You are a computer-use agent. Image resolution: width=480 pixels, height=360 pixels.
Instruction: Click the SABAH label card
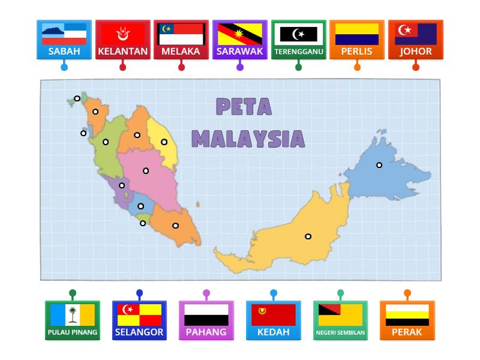tap(64, 40)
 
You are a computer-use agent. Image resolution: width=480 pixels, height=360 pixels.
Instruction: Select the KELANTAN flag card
tap(123, 40)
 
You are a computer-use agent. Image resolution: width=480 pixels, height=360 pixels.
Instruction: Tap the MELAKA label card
tap(181, 40)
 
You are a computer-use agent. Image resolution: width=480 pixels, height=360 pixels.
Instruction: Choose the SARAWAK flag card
tap(240, 40)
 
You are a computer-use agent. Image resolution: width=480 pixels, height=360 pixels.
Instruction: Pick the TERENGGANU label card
tap(298, 40)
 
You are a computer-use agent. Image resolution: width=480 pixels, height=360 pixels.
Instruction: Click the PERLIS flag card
tap(357, 40)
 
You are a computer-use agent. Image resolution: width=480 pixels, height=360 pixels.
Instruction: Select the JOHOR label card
tap(416, 40)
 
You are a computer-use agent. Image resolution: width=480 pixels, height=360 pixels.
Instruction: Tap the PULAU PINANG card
tap(73, 320)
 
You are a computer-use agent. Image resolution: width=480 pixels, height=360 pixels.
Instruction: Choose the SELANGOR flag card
tap(139, 320)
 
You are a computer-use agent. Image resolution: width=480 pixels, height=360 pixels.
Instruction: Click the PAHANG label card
tap(206, 320)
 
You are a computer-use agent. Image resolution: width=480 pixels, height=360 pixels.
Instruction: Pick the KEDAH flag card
tap(274, 320)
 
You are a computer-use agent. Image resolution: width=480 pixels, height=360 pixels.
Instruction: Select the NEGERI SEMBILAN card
tap(340, 320)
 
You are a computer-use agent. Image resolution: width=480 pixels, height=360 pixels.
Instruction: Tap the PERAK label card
tap(407, 320)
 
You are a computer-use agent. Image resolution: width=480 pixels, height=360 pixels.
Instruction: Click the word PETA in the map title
tap(243, 107)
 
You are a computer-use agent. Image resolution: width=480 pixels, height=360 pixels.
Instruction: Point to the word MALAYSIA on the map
tap(248, 139)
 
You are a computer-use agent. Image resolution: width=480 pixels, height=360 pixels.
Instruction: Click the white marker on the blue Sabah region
tap(379, 165)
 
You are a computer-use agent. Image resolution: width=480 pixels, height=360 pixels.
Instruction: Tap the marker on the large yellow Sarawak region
tap(308, 236)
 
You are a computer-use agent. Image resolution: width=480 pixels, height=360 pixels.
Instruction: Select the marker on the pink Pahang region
tap(146, 171)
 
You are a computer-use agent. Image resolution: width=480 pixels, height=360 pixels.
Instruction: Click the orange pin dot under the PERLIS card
tap(357, 67)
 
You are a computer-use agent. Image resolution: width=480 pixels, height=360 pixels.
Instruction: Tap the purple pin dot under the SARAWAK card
tap(240, 67)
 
